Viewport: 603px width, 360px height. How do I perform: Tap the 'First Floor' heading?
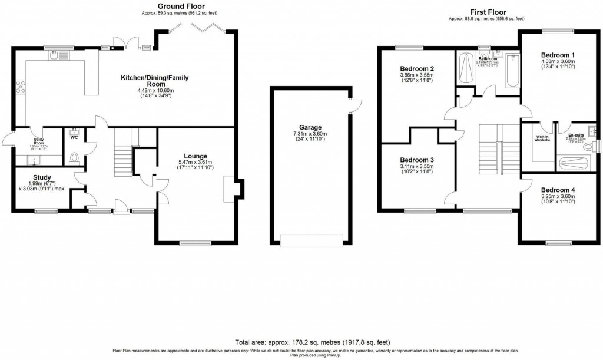click(x=487, y=12)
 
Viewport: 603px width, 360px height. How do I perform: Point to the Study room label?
click(x=42, y=177)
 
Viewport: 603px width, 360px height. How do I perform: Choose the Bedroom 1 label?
click(x=558, y=55)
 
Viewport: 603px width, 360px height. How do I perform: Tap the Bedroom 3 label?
click(x=417, y=160)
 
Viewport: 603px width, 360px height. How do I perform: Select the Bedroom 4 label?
click(x=558, y=190)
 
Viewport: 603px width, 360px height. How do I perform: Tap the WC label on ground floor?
click(x=74, y=138)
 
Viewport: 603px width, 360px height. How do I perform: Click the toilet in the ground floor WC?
click(x=74, y=157)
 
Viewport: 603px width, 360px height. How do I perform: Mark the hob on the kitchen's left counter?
click(x=22, y=87)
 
